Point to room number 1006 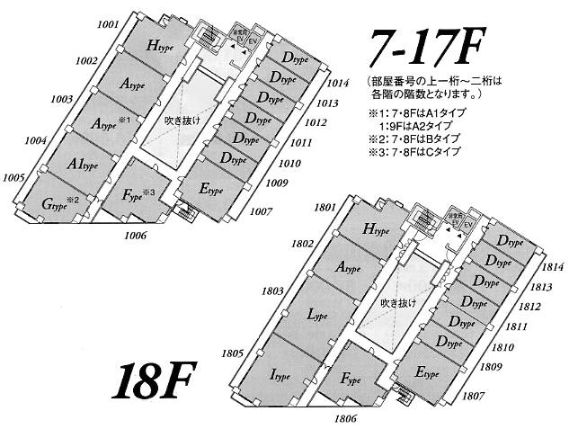(x=136, y=235)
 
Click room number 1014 (x=338, y=83)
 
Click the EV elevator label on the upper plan (x=253, y=41)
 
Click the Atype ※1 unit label (x=113, y=121)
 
